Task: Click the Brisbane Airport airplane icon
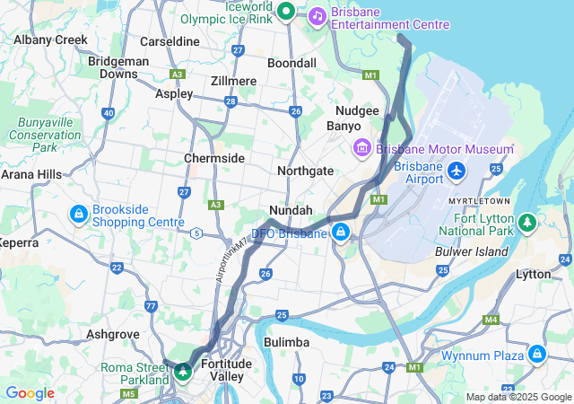click(457, 170)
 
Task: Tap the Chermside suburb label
click(214, 158)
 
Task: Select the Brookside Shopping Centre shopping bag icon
click(79, 215)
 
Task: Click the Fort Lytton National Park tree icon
click(528, 221)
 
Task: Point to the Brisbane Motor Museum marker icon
click(362, 147)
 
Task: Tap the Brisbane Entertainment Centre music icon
click(317, 15)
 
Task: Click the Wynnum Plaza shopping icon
click(536, 355)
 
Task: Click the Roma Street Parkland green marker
click(184, 370)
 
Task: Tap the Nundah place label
click(291, 210)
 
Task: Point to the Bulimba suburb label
click(286, 342)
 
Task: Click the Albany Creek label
click(50, 40)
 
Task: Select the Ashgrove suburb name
click(113, 333)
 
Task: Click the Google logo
click(30, 393)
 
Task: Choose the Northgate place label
click(305, 171)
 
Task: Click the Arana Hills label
click(30, 174)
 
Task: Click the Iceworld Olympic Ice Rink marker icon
click(285, 11)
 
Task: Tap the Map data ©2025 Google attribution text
click(517, 397)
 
